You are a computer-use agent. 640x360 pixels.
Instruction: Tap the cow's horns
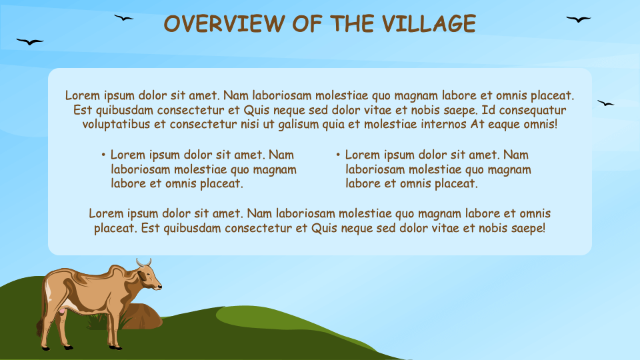click(144, 262)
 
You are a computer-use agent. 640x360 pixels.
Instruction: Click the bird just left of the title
click(123, 18)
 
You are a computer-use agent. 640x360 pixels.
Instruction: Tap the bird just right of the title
click(578, 19)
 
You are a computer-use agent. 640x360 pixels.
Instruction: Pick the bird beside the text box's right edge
click(605, 103)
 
